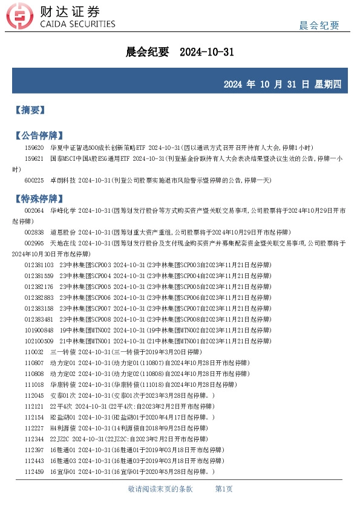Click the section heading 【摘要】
[30, 110]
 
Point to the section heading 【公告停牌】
[39, 135]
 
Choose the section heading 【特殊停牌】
[39, 198]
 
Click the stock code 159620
[34, 148]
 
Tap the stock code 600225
[34, 180]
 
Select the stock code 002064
[34, 210]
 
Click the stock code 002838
[34, 232]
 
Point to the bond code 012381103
[39, 265]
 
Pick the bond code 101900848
[39, 330]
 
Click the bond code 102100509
[39, 341]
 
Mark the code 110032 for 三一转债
[34, 352]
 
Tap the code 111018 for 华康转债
[34, 384]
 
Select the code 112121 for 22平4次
[34, 406]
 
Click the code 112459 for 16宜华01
[34, 472]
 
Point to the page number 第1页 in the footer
[224, 489]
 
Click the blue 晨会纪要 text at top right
[319, 25]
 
